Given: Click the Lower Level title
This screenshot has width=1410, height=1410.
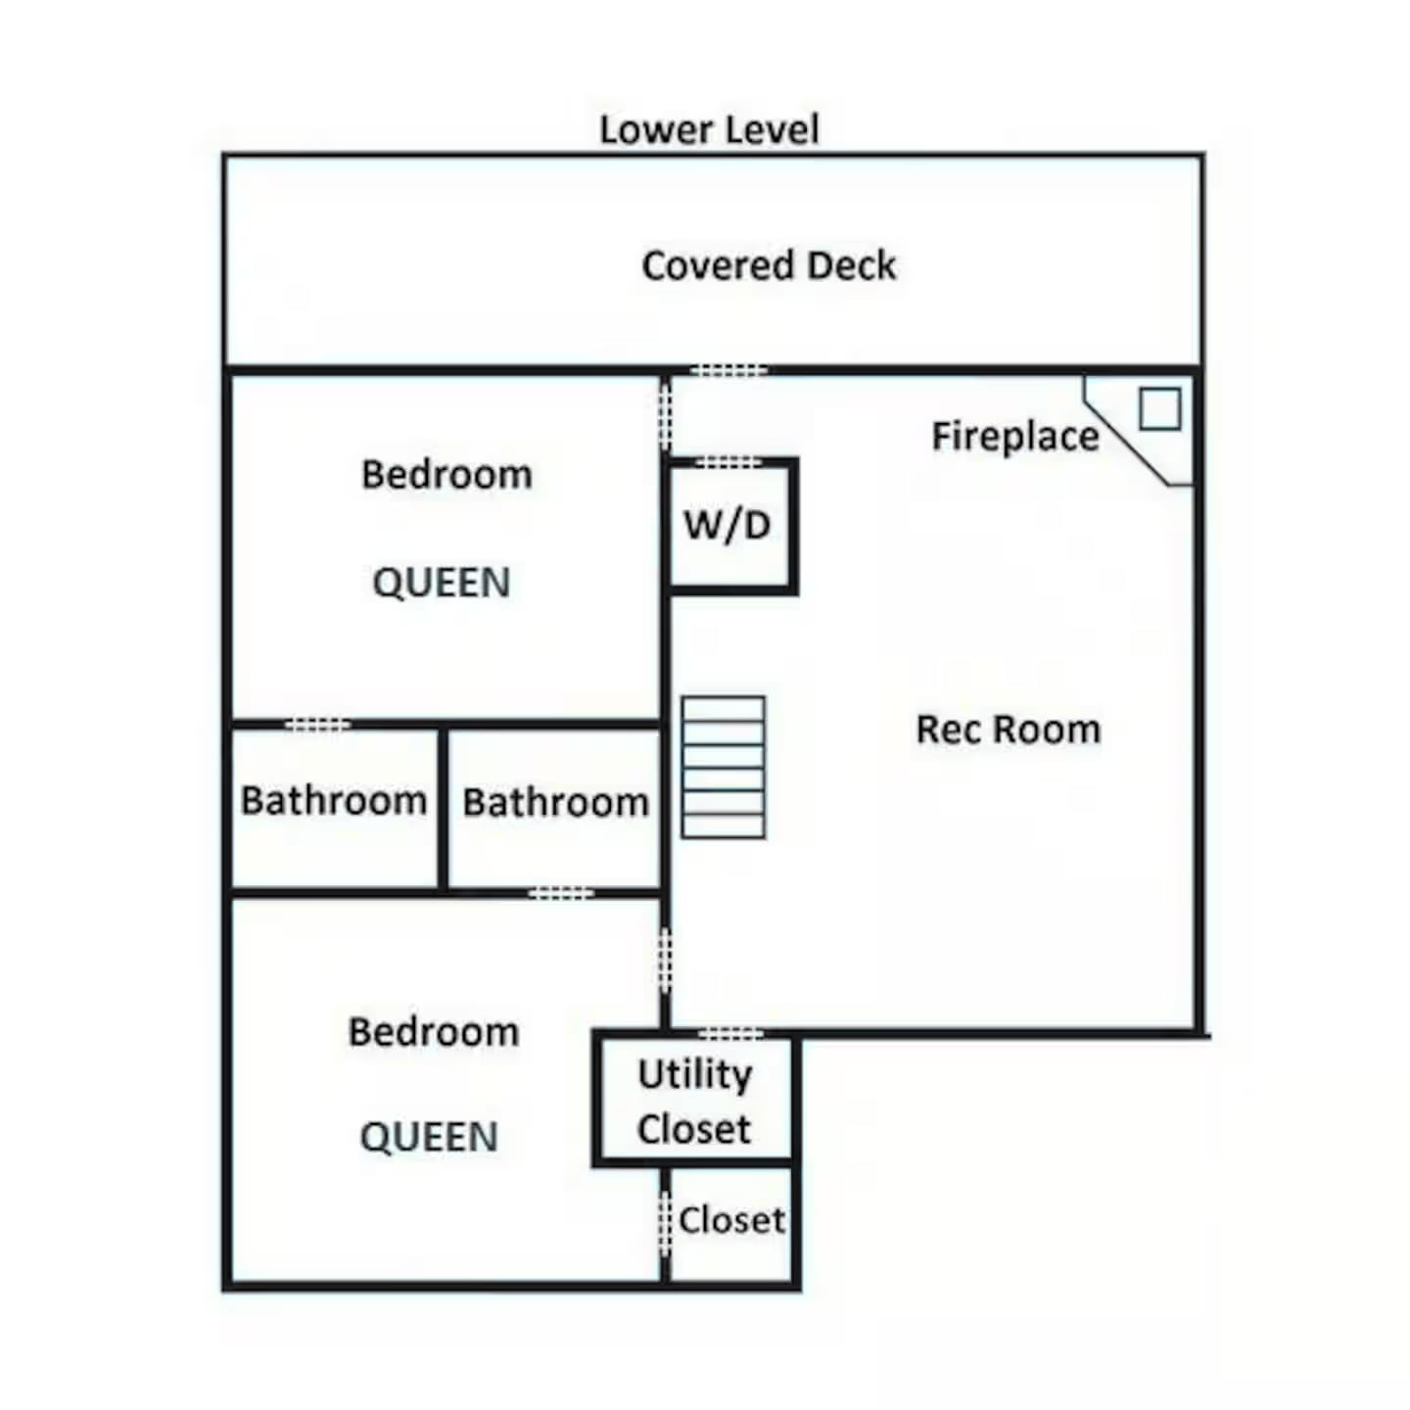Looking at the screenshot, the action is click(x=709, y=129).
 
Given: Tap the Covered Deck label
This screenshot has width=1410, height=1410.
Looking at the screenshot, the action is click(x=769, y=265).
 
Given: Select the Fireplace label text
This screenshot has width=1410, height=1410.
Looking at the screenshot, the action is click(x=1014, y=437).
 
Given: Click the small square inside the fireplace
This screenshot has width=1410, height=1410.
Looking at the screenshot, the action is click(x=1159, y=408).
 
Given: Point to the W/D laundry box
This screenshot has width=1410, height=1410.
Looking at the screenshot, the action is click(x=730, y=526).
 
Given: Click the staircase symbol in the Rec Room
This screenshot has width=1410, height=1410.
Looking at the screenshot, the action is click(x=724, y=767).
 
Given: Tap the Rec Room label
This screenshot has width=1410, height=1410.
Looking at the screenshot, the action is click(x=1009, y=729).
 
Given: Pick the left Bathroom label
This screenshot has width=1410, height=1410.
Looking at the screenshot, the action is click(x=334, y=800).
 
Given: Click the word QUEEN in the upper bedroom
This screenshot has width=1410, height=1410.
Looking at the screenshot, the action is click(x=442, y=584).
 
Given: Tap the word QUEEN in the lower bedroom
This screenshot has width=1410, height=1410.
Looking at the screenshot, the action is click(x=429, y=1137).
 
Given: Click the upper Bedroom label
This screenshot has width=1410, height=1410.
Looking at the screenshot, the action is click(x=446, y=474).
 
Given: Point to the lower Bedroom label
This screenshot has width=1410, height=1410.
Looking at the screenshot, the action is click(x=434, y=1032).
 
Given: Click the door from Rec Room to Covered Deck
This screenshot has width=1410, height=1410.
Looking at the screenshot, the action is click(x=729, y=370).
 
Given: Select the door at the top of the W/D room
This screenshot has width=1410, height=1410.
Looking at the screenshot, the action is click(x=728, y=462).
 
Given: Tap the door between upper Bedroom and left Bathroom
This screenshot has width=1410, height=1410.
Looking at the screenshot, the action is click(x=317, y=726).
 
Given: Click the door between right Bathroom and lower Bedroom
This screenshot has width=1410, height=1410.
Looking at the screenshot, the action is click(x=561, y=893).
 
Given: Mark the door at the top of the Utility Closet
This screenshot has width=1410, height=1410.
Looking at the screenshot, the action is click(x=731, y=1034).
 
